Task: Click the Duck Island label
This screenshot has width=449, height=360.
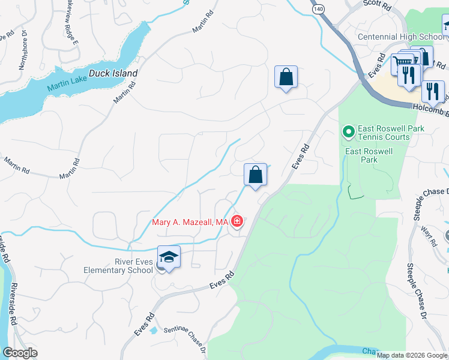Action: pyautogui.click(x=113, y=74)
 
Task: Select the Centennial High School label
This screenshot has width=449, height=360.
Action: pyautogui.click(x=401, y=37)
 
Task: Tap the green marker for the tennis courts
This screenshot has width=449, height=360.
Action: pyautogui.click(x=348, y=130)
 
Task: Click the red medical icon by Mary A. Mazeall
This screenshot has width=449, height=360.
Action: pyautogui.click(x=237, y=223)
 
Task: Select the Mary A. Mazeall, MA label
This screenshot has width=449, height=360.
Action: pyautogui.click(x=189, y=223)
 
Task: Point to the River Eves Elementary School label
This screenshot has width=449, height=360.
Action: pyautogui.click(x=118, y=266)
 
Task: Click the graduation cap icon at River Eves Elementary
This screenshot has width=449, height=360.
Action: pyautogui.click(x=169, y=257)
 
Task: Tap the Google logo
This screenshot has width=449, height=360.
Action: pyautogui.click(x=20, y=353)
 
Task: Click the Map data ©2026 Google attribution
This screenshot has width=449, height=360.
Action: pyautogui.click(x=412, y=355)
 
